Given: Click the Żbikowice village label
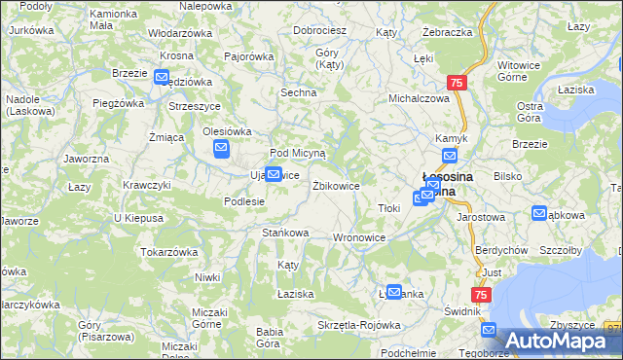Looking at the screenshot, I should (x=336, y=185).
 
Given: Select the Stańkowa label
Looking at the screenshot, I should (x=285, y=233).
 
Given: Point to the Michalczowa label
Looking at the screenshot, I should (x=419, y=99).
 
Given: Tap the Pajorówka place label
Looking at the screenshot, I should (x=248, y=57).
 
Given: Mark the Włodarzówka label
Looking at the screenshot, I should (x=180, y=33).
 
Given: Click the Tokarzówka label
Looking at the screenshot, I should (x=169, y=252).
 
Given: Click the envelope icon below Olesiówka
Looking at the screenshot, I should (x=221, y=149).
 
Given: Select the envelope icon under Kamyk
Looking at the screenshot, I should (x=450, y=156).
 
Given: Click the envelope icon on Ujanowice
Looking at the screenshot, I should (x=274, y=175).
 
